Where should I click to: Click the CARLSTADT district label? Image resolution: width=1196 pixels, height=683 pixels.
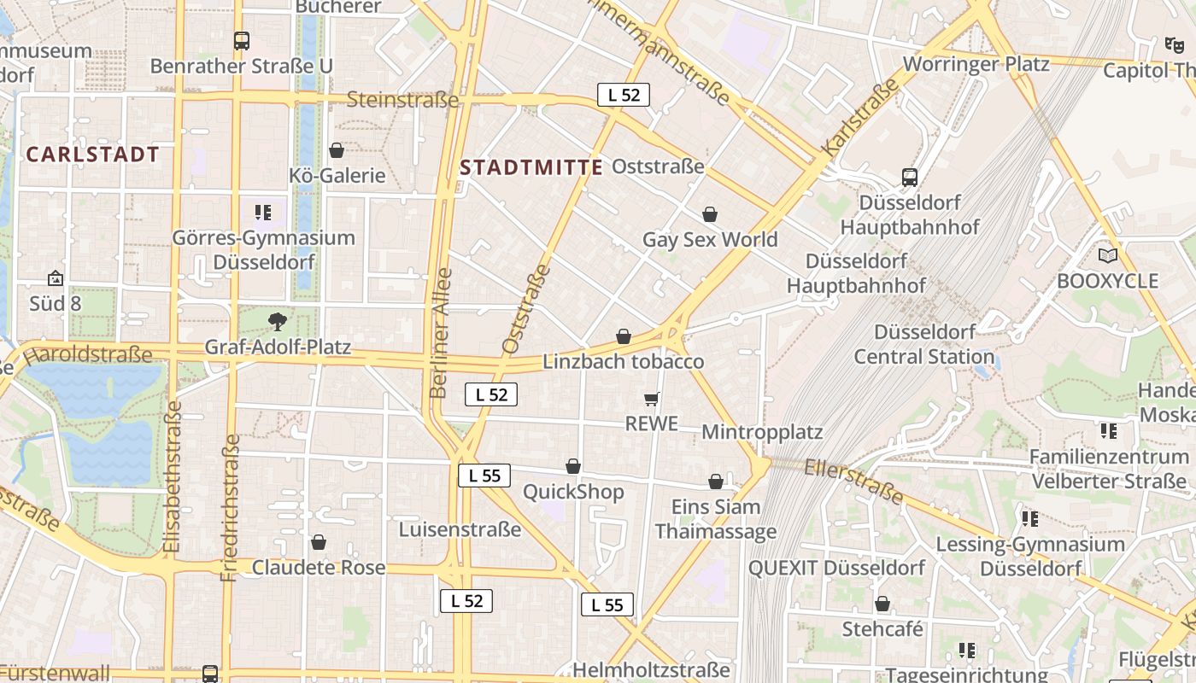93,155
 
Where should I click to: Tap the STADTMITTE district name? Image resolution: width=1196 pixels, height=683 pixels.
531,167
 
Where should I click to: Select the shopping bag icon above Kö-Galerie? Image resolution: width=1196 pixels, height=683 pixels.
337,150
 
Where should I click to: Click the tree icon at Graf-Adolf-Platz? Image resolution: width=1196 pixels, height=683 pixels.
277,322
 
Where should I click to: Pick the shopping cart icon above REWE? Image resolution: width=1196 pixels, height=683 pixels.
652,399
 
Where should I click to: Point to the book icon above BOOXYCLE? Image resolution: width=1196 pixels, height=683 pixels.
1107,255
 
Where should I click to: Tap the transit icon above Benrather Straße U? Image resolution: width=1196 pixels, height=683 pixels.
242,40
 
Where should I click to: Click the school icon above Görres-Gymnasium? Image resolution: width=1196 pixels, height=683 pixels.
263,212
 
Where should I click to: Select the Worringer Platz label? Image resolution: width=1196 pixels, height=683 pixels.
976,64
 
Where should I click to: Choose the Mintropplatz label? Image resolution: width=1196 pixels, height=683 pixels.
762,432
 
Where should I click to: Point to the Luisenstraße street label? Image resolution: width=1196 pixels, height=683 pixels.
460,529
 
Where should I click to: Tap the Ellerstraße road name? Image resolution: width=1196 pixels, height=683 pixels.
853,480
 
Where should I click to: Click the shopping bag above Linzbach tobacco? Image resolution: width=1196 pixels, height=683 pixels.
624,337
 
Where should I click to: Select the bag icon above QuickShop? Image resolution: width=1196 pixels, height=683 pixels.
573,466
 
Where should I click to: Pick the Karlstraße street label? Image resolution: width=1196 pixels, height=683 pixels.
860,117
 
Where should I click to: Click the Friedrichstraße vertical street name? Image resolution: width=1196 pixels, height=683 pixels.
231,508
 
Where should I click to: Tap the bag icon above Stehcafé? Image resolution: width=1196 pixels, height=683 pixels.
882,604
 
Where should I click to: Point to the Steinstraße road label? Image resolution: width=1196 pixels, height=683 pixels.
402,100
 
